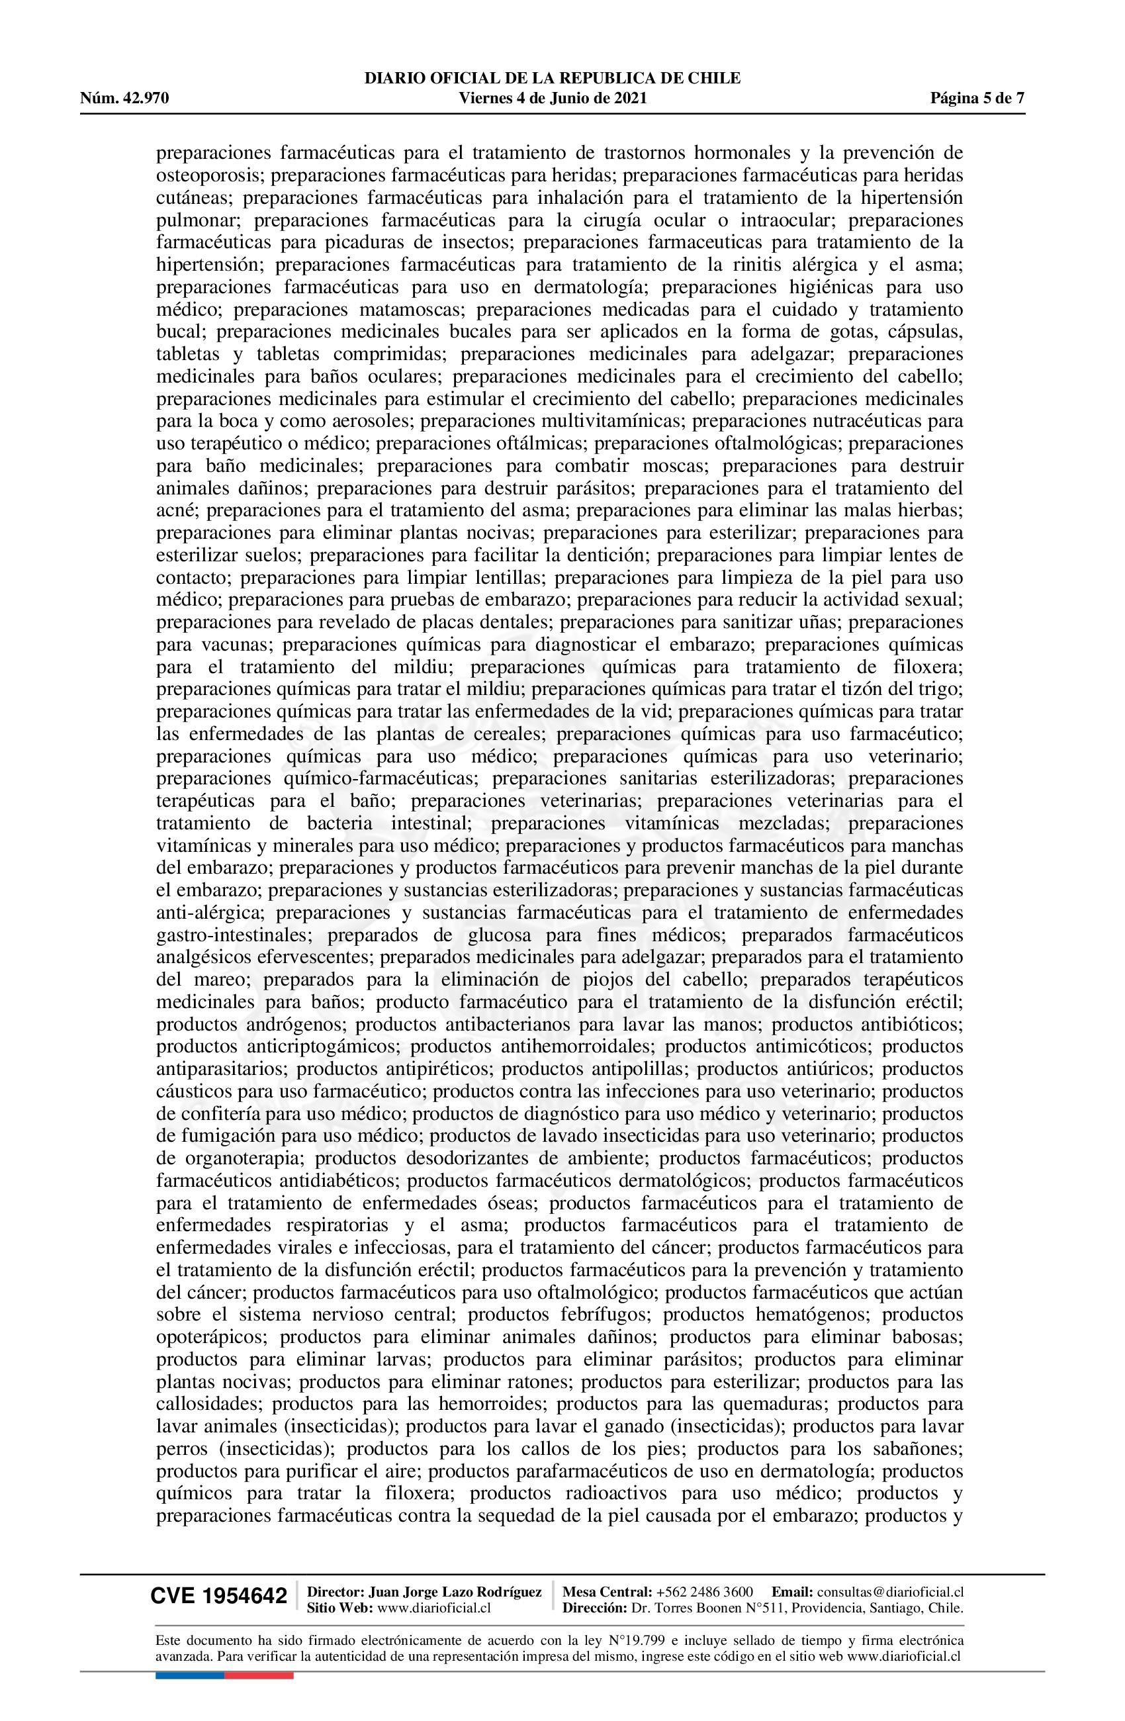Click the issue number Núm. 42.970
[x=124, y=99]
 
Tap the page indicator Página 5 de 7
[x=977, y=99]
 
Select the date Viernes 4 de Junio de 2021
[x=553, y=99]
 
